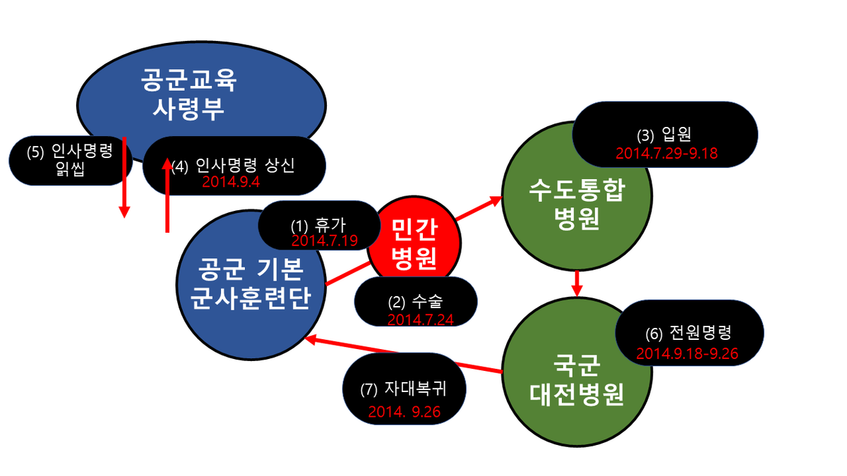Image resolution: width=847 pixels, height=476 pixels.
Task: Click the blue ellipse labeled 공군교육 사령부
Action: tap(201, 78)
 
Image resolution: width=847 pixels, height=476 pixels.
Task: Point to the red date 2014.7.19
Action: tap(325, 241)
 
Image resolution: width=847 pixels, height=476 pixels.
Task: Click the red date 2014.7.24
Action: tap(420, 319)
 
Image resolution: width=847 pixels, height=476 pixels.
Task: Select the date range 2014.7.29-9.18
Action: tap(666, 152)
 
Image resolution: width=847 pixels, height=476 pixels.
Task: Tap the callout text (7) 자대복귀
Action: tap(403, 389)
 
